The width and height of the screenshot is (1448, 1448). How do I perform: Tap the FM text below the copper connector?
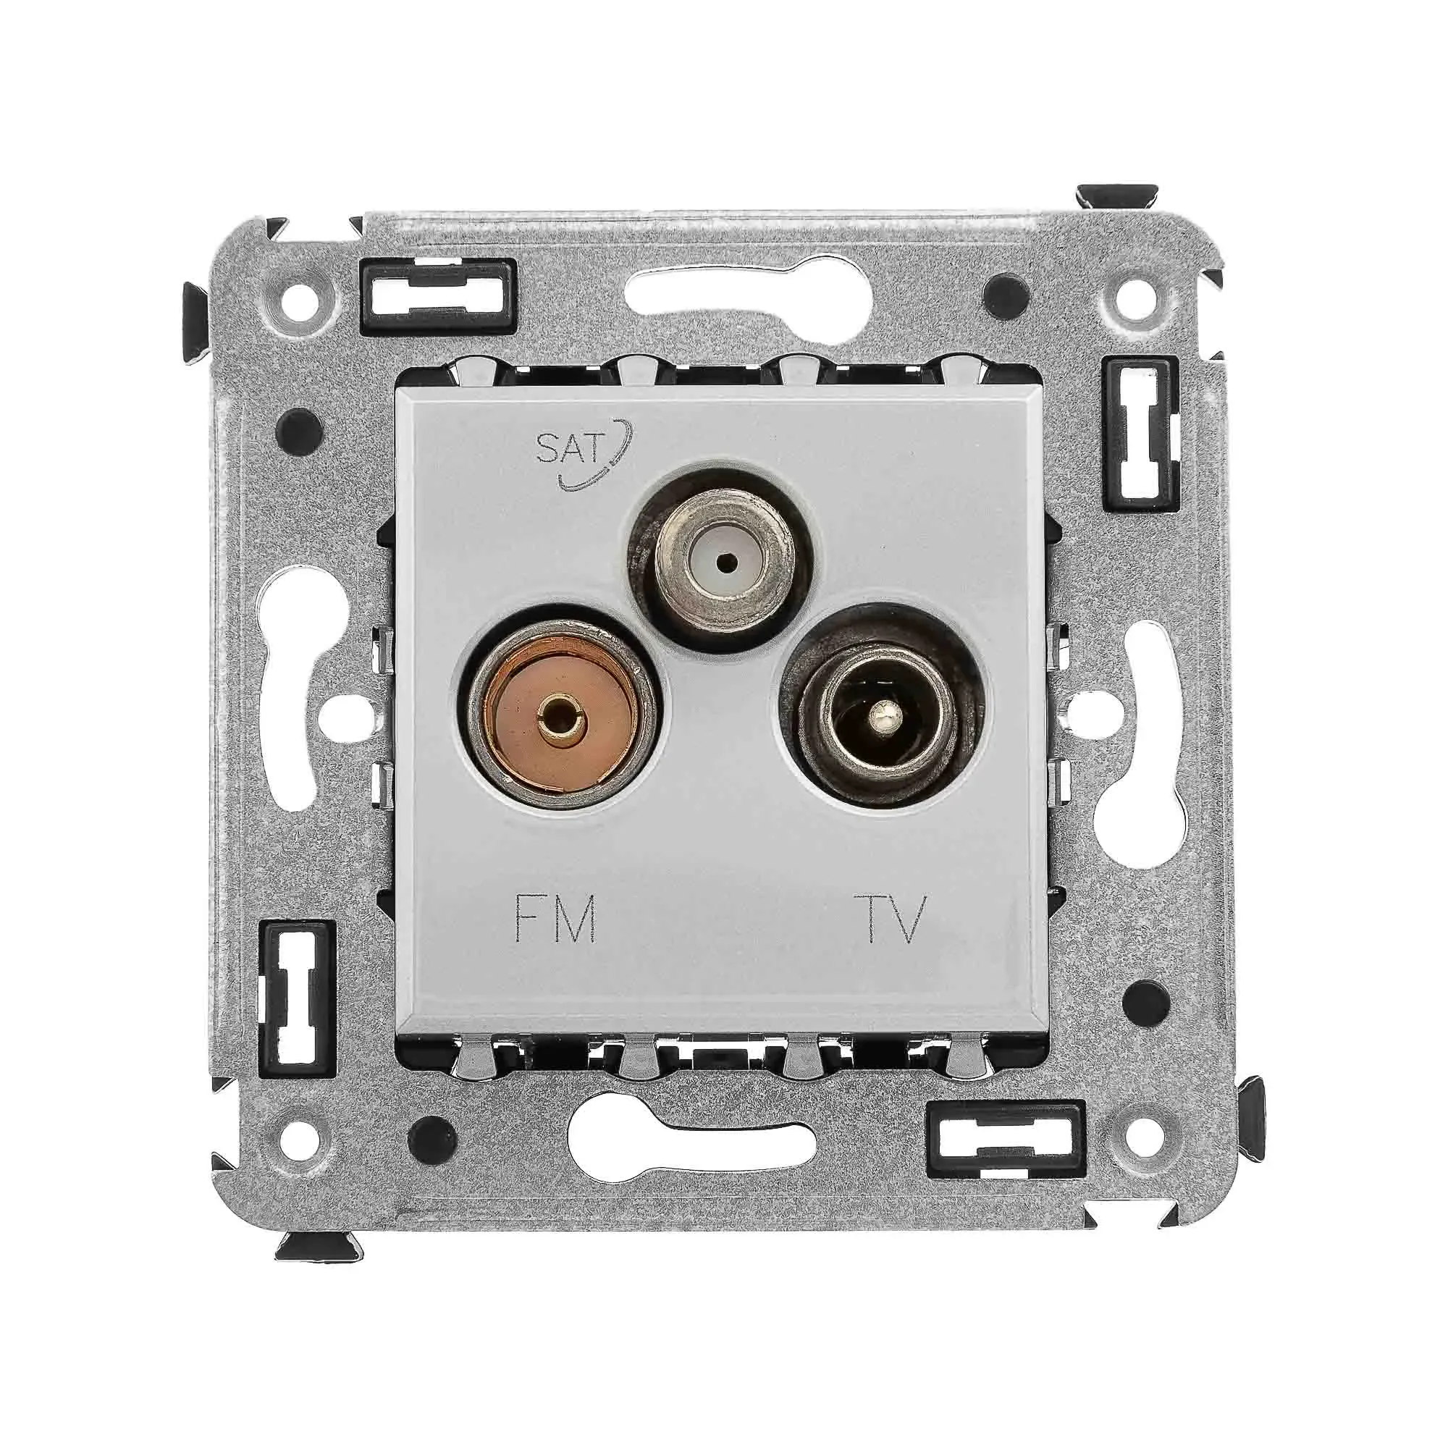(556, 919)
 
